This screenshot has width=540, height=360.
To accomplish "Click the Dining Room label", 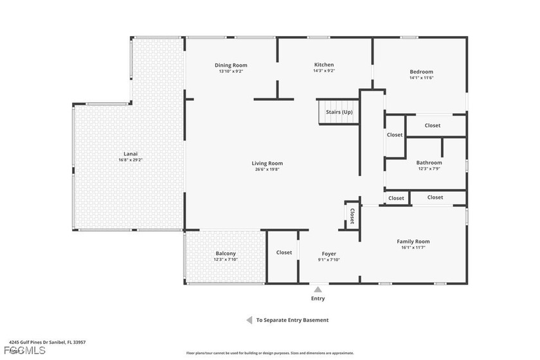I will click(x=231, y=65).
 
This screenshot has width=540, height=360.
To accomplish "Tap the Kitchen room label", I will click(x=324, y=65).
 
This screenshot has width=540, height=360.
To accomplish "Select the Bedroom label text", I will click(x=422, y=71).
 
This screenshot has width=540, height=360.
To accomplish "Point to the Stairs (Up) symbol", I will click(x=339, y=112).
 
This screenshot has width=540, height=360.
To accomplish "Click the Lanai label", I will click(x=130, y=154).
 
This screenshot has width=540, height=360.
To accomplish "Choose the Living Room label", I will click(x=267, y=163).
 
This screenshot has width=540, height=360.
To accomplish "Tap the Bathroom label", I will click(x=429, y=163).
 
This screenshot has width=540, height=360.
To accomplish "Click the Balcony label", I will click(x=226, y=253).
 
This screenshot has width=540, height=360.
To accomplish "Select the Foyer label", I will click(x=328, y=254).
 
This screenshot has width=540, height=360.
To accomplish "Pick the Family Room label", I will click(x=413, y=241).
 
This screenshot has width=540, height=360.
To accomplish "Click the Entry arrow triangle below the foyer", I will click(x=318, y=289).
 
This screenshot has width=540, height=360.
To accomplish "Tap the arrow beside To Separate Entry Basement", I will click(x=248, y=320).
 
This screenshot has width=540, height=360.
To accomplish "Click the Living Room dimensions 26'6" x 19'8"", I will click(x=267, y=170).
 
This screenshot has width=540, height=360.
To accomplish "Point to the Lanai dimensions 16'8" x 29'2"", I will click(x=130, y=160).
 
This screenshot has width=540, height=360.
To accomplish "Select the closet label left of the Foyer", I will click(x=284, y=253).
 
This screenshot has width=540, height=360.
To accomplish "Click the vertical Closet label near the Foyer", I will click(x=352, y=213).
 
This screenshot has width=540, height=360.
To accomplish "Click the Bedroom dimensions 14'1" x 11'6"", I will click(x=422, y=78).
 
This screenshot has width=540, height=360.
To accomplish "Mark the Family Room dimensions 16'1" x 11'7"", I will click(x=413, y=248).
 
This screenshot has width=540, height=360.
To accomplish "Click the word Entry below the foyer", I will click(x=318, y=298).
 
